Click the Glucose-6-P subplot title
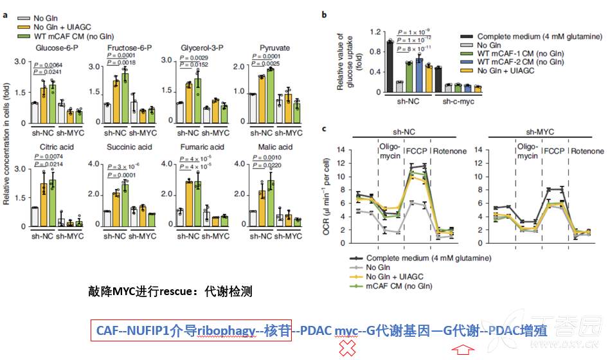tap(51, 48)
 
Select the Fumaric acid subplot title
tap(203, 147)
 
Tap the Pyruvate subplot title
tap(274, 48)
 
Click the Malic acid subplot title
tap(274, 147)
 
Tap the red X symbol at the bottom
tap(348, 349)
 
